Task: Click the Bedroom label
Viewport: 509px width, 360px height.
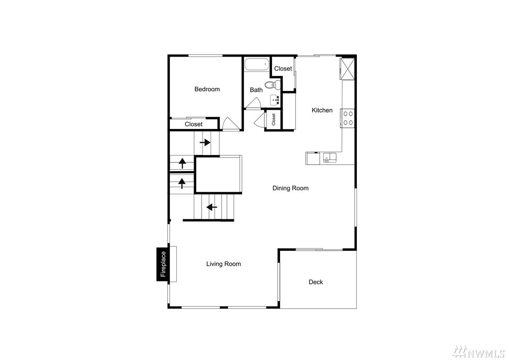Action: pyautogui.click(x=207, y=89)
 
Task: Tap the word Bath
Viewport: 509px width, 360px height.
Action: pyautogui.click(x=256, y=90)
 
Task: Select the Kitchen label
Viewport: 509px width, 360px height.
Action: pyautogui.click(x=322, y=110)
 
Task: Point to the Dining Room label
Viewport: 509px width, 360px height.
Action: pyautogui.click(x=290, y=188)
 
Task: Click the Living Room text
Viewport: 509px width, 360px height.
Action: pyautogui.click(x=223, y=264)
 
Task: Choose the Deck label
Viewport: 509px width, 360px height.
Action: pyautogui.click(x=315, y=282)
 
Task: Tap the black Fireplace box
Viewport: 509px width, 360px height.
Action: pyautogui.click(x=163, y=264)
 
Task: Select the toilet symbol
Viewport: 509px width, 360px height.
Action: pyautogui.click(x=272, y=85)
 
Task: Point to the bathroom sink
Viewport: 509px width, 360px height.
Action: pyautogui.click(x=275, y=100)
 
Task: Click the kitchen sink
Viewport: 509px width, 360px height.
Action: pyautogui.click(x=329, y=158)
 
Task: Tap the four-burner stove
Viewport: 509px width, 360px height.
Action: pyautogui.click(x=348, y=118)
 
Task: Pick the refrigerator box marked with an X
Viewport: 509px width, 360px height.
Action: pyautogui.click(x=347, y=69)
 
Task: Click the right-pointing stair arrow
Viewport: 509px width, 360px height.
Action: pyautogui.click(x=205, y=143)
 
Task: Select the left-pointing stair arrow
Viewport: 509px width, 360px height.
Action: pyautogui.click(x=212, y=207)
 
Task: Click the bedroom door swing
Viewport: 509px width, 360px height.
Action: pyautogui.click(x=230, y=124)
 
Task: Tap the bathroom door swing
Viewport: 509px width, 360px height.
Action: pyautogui.click(x=253, y=103)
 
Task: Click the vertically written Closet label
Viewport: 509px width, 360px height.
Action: pyautogui.click(x=273, y=119)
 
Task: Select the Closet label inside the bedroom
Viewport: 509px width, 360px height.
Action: pyautogui.click(x=194, y=124)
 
